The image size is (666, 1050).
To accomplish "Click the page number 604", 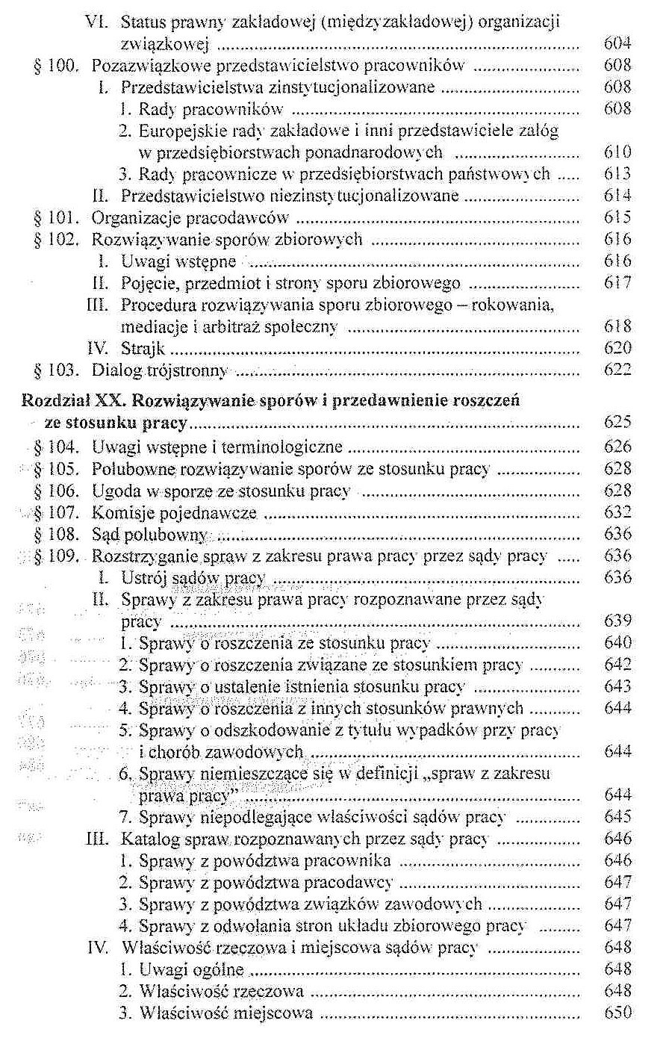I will (x=617, y=44).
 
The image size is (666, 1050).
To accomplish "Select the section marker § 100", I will (x=56, y=66).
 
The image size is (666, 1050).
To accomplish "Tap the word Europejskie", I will (x=174, y=131).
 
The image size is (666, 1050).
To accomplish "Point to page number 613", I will (x=617, y=174).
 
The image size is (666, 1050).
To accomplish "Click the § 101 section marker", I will (x=56, y=218).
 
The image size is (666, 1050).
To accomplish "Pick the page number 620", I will (x=617, y=348).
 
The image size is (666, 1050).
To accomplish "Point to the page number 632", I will (x=617, y=512).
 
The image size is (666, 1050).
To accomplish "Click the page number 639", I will (x=617, y=621).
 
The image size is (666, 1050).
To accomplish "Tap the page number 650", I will (x=617, y=1013).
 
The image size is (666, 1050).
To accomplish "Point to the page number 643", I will (x=617, y=686).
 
